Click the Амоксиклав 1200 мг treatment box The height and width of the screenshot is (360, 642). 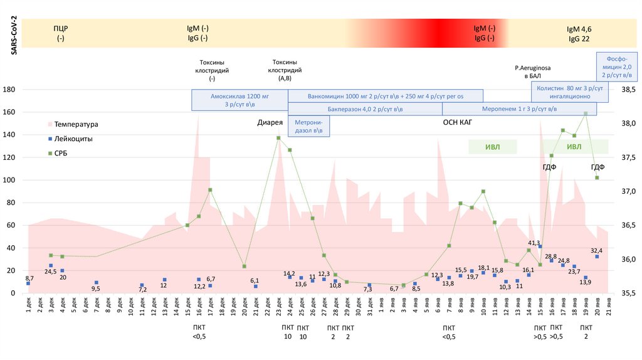pos(239,101)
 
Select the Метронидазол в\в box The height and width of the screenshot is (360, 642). pos(308,125)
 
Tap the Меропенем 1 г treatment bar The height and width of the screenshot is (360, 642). pos(520,109)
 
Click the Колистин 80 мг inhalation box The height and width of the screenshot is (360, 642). pos(569,93)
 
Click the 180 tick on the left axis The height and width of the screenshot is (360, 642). pos(9,90)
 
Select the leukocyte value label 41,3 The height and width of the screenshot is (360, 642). pos(534,242)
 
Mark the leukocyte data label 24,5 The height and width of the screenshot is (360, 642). pos(51,271)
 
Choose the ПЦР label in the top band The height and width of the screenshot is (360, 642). pos(61,29)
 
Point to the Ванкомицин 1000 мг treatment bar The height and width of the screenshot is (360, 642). pos(385,96)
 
